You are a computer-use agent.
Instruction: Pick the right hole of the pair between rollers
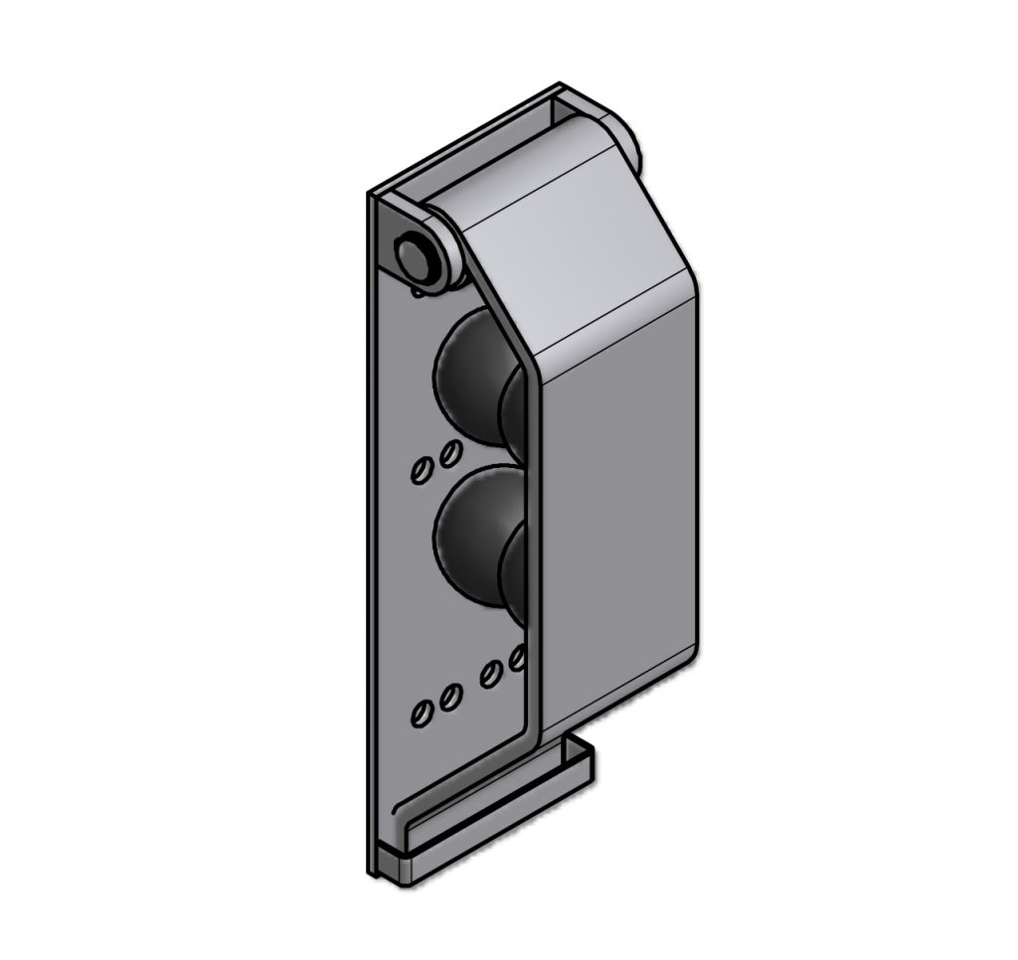coord(449,453)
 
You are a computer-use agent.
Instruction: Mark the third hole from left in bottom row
coord(490,674)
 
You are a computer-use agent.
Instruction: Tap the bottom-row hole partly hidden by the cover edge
coord(516,657)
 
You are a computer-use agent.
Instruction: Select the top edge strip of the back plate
coord(467,139)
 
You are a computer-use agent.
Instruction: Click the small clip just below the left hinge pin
coord(419,291)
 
